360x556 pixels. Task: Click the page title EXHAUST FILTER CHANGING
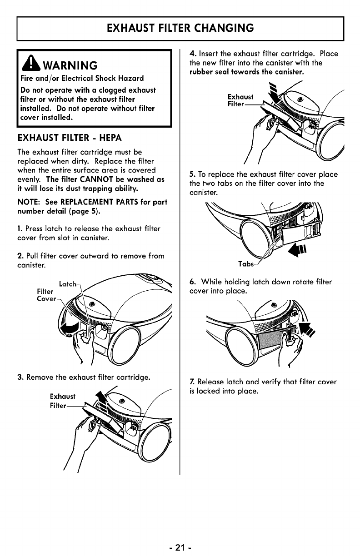tap(180, 28)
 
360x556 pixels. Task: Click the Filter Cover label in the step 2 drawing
tap(46, 295)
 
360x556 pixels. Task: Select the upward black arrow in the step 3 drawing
tap(98, 399)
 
